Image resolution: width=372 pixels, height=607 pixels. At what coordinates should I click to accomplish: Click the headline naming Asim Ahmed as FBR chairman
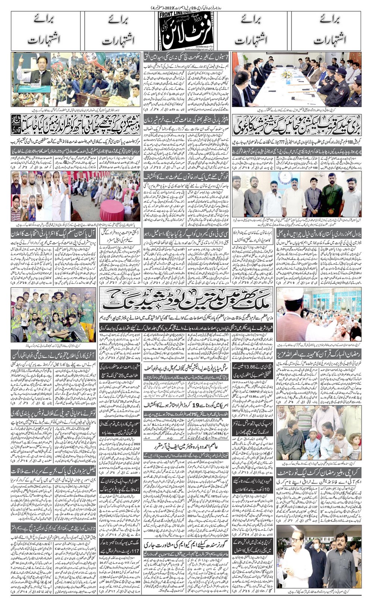click(185, 447)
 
